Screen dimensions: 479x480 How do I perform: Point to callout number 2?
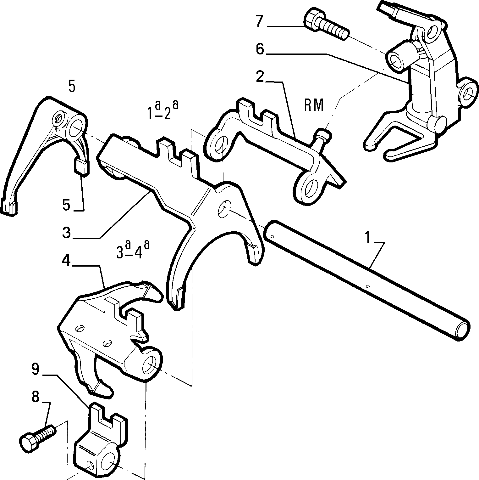[260, 76]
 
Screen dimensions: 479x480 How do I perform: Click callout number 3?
[66, 233]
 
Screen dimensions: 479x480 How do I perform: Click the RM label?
[314, 105]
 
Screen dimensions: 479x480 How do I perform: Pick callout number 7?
[259, 21]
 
